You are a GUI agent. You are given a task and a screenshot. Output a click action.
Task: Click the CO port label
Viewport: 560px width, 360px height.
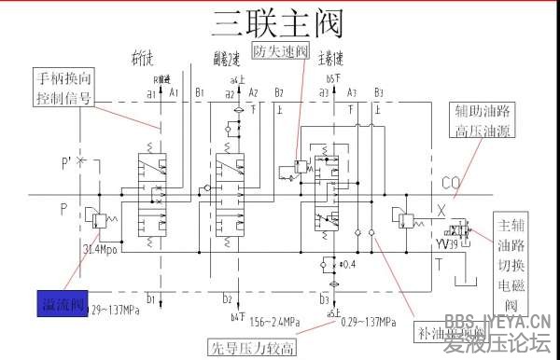[x=449, y=180]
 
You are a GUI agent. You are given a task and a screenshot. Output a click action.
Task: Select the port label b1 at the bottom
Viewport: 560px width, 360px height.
[x=149, y=300]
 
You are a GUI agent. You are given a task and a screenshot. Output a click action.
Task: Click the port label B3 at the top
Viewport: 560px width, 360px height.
[x=378, y=93]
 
